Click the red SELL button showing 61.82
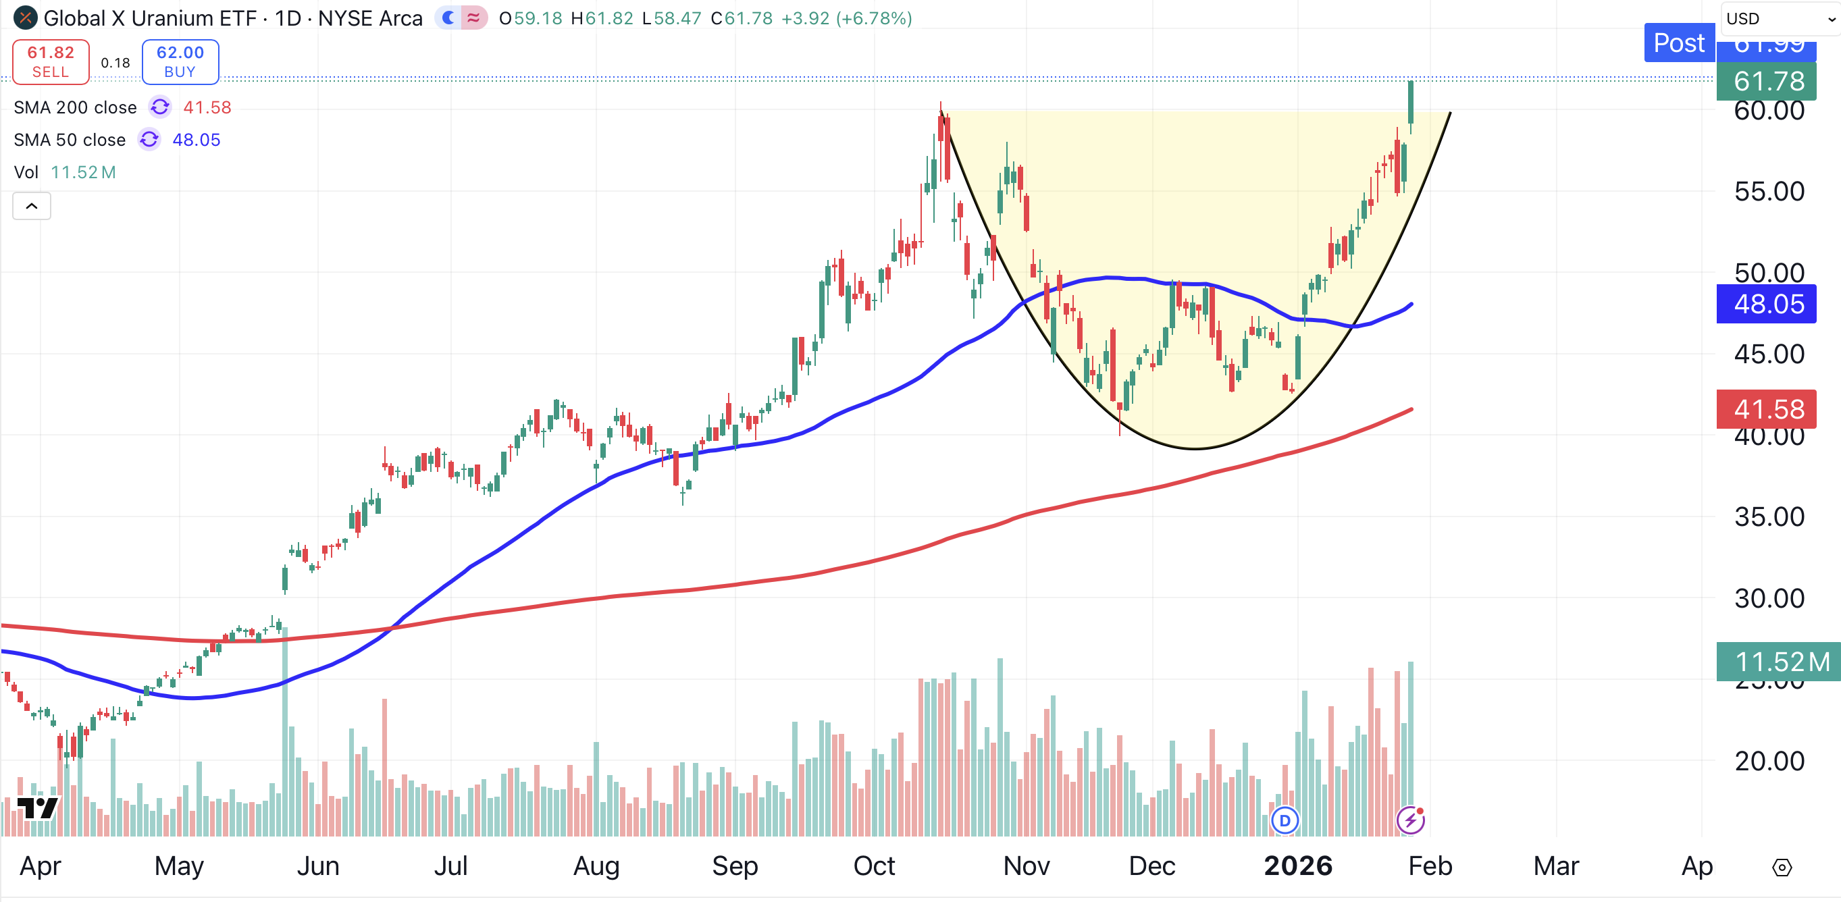coord(51,62)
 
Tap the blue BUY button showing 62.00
coord(180,62)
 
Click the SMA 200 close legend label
coord(75,108)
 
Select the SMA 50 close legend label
coord(70,140)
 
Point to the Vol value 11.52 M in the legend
coord(83,172)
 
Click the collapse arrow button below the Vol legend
coord(32,207)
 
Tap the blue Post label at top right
coord(1678,43)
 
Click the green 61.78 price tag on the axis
coord(1768,82)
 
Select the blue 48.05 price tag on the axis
coord(1768,304)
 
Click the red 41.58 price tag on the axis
coord(1768,410)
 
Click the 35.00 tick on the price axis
coord(1768,516)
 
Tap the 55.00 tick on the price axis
coord(1768,192)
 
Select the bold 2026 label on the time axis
coord(1298,866)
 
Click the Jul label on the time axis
coord(451,866)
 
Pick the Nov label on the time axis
coord(1027,866)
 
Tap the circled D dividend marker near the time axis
coord(1285,820)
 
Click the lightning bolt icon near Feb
coord(1411,820)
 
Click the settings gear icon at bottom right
coord(1782,868)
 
